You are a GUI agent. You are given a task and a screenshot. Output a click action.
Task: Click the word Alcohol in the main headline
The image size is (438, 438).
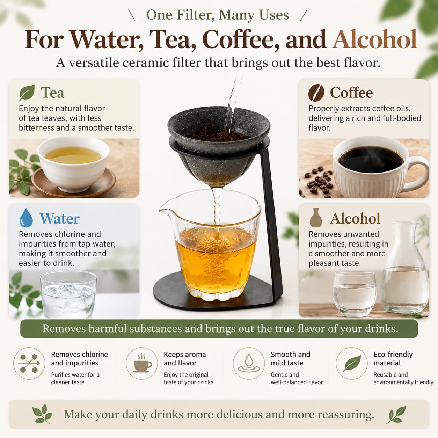[x=374, y=39]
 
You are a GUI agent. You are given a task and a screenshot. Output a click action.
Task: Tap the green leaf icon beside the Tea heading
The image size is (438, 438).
[x=27, y=93]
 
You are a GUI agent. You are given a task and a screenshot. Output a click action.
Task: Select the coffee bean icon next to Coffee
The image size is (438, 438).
[x=316, y=93]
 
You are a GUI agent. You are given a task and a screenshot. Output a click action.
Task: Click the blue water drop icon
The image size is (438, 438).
[x=26, y=218]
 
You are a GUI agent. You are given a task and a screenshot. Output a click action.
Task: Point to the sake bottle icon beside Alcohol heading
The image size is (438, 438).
[x=316, y=218]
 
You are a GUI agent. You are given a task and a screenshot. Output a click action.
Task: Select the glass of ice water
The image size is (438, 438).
[x=68, y=294]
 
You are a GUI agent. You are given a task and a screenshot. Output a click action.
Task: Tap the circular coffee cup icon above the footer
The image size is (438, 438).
[x=141, y=363]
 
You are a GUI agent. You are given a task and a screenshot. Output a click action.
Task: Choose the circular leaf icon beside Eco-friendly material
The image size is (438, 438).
[x=352, y=363]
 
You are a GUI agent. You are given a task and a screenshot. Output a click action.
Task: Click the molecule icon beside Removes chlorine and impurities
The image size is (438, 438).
[x=29, y=363]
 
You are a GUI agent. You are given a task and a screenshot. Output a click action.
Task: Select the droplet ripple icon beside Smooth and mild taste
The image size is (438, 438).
[x=249, y=363]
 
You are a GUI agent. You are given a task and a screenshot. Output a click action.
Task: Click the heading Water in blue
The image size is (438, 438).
[x=59, y=219]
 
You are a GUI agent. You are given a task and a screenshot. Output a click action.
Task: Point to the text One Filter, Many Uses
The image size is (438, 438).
[x=218, y=15]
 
